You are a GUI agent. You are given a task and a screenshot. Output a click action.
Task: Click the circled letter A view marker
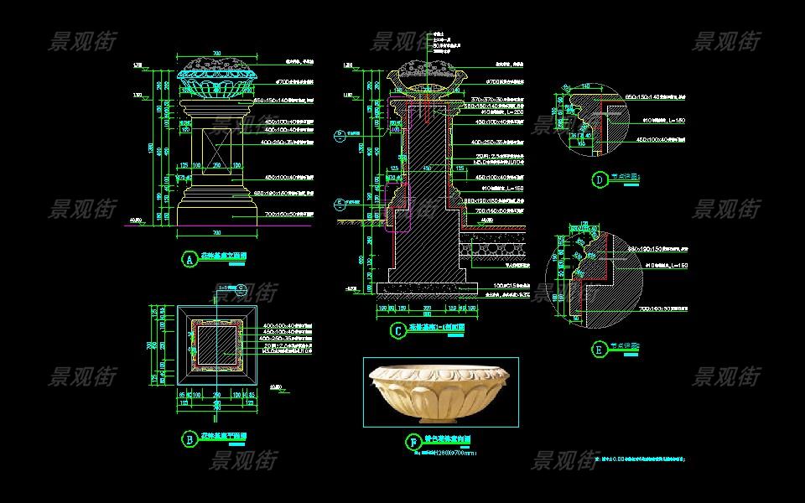(190, 260)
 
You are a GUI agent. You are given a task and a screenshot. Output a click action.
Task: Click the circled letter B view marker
(190, 437)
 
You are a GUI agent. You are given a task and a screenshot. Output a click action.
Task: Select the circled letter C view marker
(397, 330)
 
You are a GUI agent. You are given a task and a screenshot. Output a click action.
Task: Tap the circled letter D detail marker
(599, 179)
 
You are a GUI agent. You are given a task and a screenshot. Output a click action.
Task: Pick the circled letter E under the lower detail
(599, 348)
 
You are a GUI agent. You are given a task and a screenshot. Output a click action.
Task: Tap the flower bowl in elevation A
(216, 84)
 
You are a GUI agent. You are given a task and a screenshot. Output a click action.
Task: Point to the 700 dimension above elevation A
(216, 54)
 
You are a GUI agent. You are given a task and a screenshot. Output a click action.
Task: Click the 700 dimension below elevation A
(216, 232)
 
